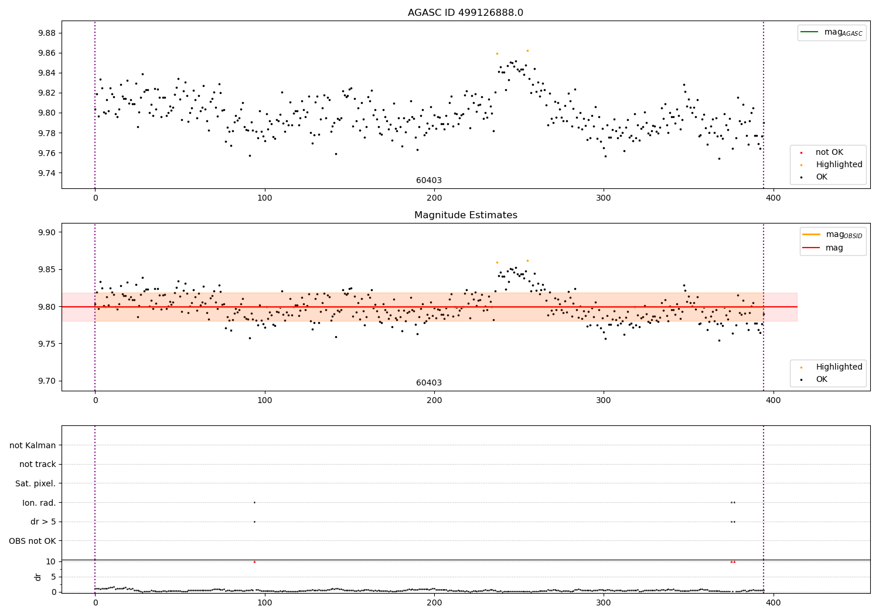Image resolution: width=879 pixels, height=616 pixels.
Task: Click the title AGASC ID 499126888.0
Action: pyautogui.click(x=465, y=13)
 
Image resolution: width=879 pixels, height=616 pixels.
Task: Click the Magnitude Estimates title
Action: pyautogui.click(x=465, y=215)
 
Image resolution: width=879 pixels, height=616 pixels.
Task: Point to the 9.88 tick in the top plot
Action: pyautogui.click(x=46, y=33)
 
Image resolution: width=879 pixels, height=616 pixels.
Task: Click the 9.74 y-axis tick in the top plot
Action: pyautogui.click(x=46, y=173)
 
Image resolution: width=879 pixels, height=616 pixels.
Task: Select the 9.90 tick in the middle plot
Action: pyautogui.click(x=46, y=232)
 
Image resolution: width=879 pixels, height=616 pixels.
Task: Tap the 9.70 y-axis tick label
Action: pyautogui.click(x=46, y=381)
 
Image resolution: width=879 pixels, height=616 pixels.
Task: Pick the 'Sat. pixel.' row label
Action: pyautogui.click(x=36, y=483)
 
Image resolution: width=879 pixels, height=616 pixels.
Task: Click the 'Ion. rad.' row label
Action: pyautogui.click(x=39, y=503)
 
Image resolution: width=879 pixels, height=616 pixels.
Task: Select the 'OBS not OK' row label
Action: pyautogui.click(x=33, y=541)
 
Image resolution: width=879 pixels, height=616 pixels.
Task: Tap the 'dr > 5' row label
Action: pyautogui.click(x=43, y=522)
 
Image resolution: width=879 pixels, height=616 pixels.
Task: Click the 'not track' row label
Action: pyautogui.click(x=38, y=464)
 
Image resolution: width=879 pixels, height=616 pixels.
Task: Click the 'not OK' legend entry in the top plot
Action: pyautogui.click(x=829, y=153)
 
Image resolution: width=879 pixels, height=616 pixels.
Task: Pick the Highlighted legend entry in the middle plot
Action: pyautogui.click(x=839, y=367)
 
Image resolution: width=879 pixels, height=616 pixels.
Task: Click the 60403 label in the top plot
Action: pyautogui.click(x=429, y=181)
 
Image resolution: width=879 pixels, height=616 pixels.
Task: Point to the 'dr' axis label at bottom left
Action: pyautogui.click(x=38, y=577)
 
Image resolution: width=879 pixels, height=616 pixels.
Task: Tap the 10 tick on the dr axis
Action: pyautogui.click(x=50, y=561)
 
